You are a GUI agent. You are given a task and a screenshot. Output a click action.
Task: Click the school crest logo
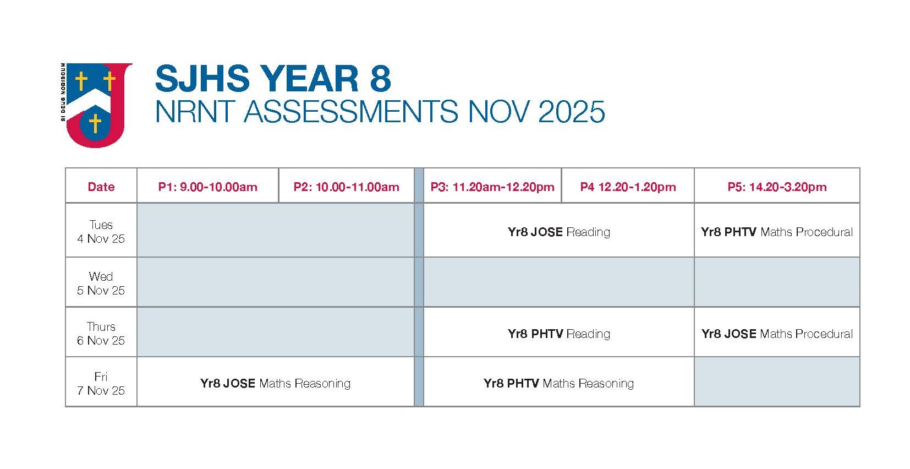96,105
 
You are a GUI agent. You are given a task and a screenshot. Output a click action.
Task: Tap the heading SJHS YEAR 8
273,78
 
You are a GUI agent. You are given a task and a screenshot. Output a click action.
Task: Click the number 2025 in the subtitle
572,111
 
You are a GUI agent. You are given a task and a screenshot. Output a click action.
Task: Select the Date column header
101,187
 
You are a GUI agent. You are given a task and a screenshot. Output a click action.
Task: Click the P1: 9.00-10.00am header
207,187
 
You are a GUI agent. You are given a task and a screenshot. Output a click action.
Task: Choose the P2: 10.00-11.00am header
347,187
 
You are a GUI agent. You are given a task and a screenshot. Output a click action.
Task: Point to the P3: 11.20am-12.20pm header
492,187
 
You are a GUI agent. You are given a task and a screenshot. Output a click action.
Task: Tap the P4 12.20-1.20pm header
628,187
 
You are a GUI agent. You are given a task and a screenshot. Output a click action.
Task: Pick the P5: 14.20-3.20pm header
777,187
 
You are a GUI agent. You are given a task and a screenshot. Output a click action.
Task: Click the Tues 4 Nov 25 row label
101,232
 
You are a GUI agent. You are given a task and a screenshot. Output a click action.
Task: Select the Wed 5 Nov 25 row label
101,283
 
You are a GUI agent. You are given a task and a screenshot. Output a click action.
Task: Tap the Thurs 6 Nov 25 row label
101,333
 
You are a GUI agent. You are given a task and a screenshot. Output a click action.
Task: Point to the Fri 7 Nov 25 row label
101,383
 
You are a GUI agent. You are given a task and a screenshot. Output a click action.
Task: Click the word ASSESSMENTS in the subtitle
351,111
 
